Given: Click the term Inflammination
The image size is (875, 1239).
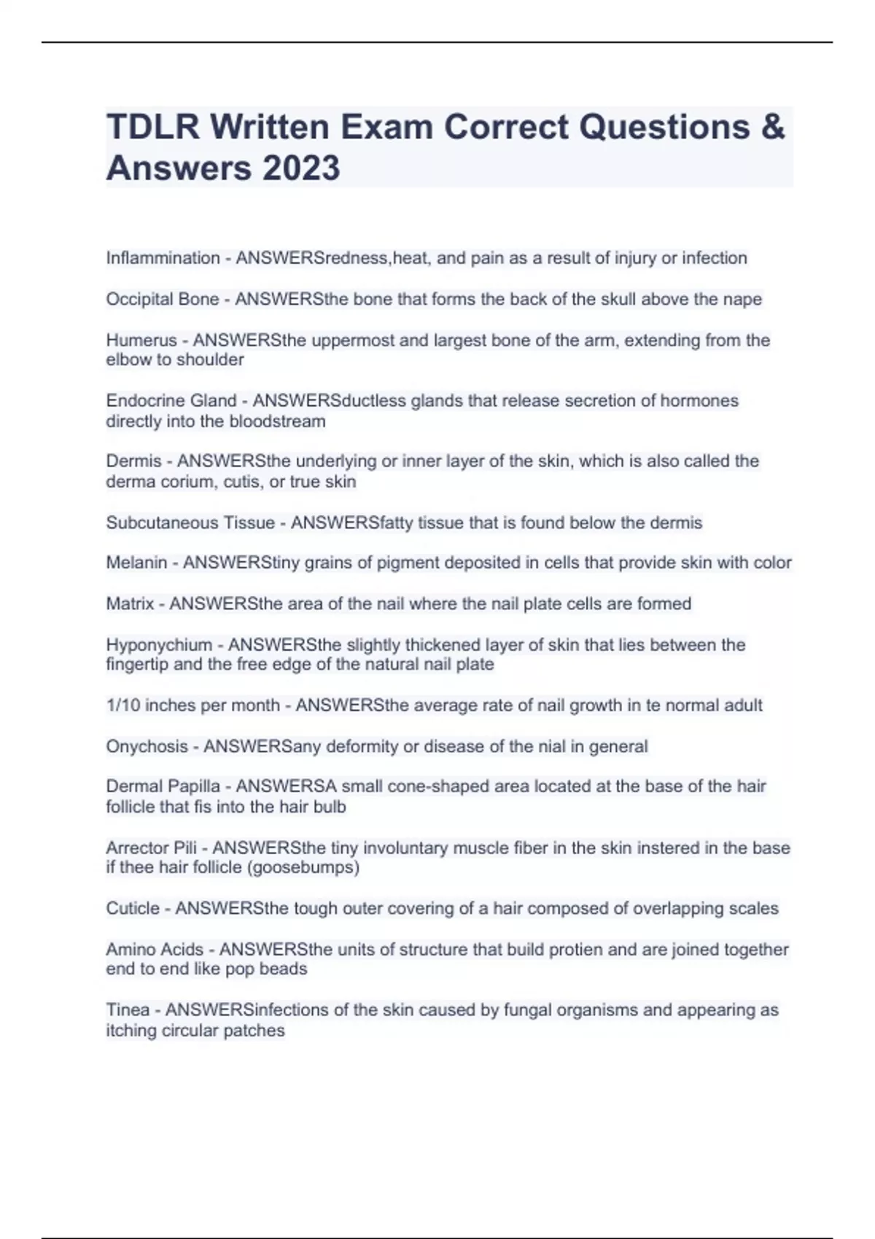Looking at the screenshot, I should (x=163, y=258).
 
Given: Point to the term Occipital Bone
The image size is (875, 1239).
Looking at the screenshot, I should (x=162, y=299).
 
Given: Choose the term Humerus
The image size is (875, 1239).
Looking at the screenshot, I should (x=141, y=340).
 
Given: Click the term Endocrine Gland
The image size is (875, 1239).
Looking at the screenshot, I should (x=171, y=401).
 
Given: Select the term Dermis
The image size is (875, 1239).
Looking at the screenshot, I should (x=133, y=461).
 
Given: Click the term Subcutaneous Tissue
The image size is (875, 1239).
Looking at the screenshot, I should (x=190, y=523).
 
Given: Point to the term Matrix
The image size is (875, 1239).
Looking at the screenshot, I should (x=130, y=603).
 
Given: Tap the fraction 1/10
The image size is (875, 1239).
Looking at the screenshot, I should (x=123, y=706).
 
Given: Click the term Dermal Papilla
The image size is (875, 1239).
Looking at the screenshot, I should (x=163, y=786).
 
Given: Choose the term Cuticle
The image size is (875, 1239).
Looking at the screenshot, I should (x=133, y=908).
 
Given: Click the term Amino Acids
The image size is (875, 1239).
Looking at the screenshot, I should (x=155, y=950).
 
